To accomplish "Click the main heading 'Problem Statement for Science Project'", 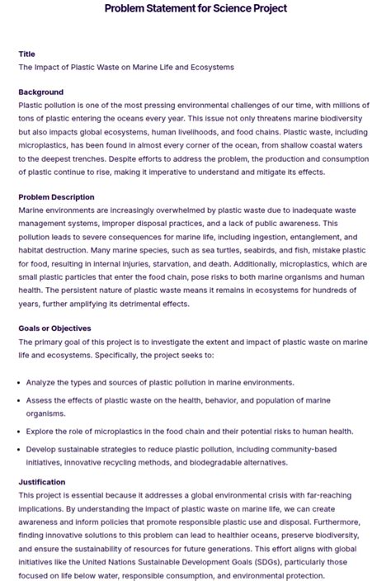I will [x=195, y=8].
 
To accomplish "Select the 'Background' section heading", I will [x=40, y=92].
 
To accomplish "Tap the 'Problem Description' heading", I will [x=56, y=197].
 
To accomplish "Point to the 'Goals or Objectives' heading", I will [x=54, y=328].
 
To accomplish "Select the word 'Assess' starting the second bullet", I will [x=40, y=399].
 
